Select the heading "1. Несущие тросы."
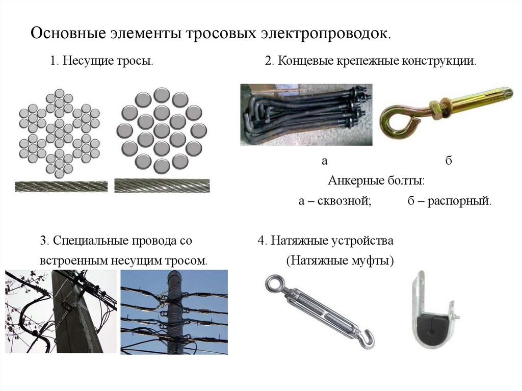pos(102,61)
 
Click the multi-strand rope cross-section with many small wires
pos(60,133)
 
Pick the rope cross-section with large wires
pos(162,131)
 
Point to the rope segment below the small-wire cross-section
pos(61,187)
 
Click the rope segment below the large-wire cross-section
pos(162,186)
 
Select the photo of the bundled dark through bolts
pos(306,115)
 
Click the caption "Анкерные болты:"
pos(376,181)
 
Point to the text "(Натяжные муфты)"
pos(340,260)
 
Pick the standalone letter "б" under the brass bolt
pos(449,161)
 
